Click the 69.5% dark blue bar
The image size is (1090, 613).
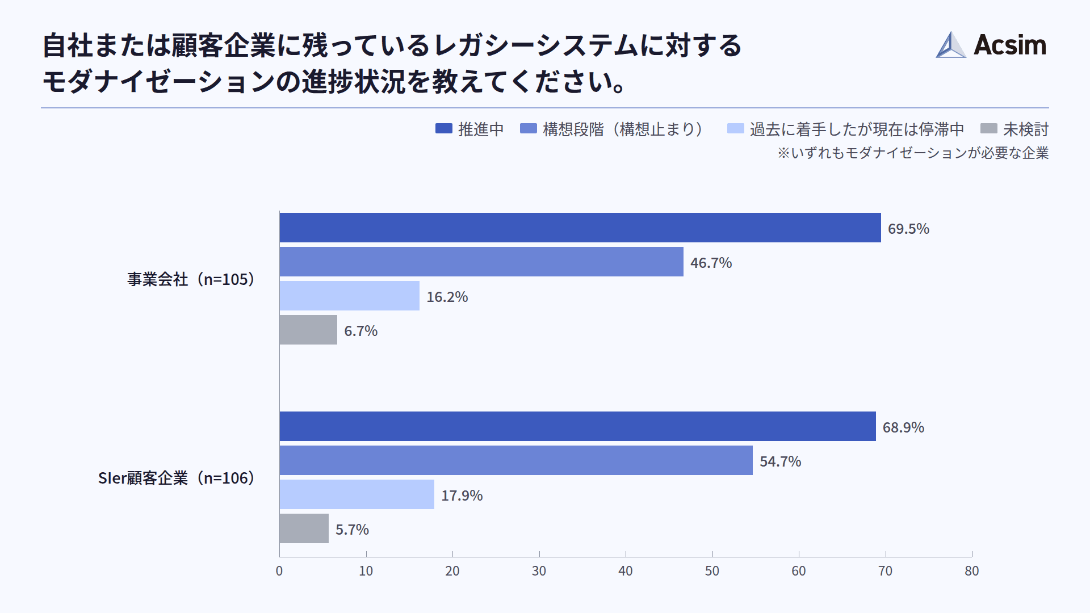coord(580,228)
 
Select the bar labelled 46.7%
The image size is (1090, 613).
coord(481,262)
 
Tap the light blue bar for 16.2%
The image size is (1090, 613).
coord(349,296)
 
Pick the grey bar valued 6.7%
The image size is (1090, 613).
coord(308,330)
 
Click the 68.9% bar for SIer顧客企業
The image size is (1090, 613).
coord(577,426)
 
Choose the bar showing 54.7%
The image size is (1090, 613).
coord(515,460)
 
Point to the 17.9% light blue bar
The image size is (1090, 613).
coord(357,494)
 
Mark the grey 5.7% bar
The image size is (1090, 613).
coord(304,528)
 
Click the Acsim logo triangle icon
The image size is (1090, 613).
coord(950,45)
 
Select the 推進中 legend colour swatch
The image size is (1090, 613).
coord(443,129)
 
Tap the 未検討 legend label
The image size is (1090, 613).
coord(1025,129)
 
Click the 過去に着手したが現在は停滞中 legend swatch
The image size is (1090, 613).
coord(735,129)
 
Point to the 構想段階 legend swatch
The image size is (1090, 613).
coord(528,129)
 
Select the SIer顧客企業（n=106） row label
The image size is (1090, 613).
coord(177,478)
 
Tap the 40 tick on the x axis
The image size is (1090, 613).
coord(625,571)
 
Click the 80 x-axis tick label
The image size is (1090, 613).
coord(971,571)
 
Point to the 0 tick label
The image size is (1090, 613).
coord(279,571)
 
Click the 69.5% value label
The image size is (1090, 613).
coord(908,229)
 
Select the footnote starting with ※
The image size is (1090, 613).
coord(912,153)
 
